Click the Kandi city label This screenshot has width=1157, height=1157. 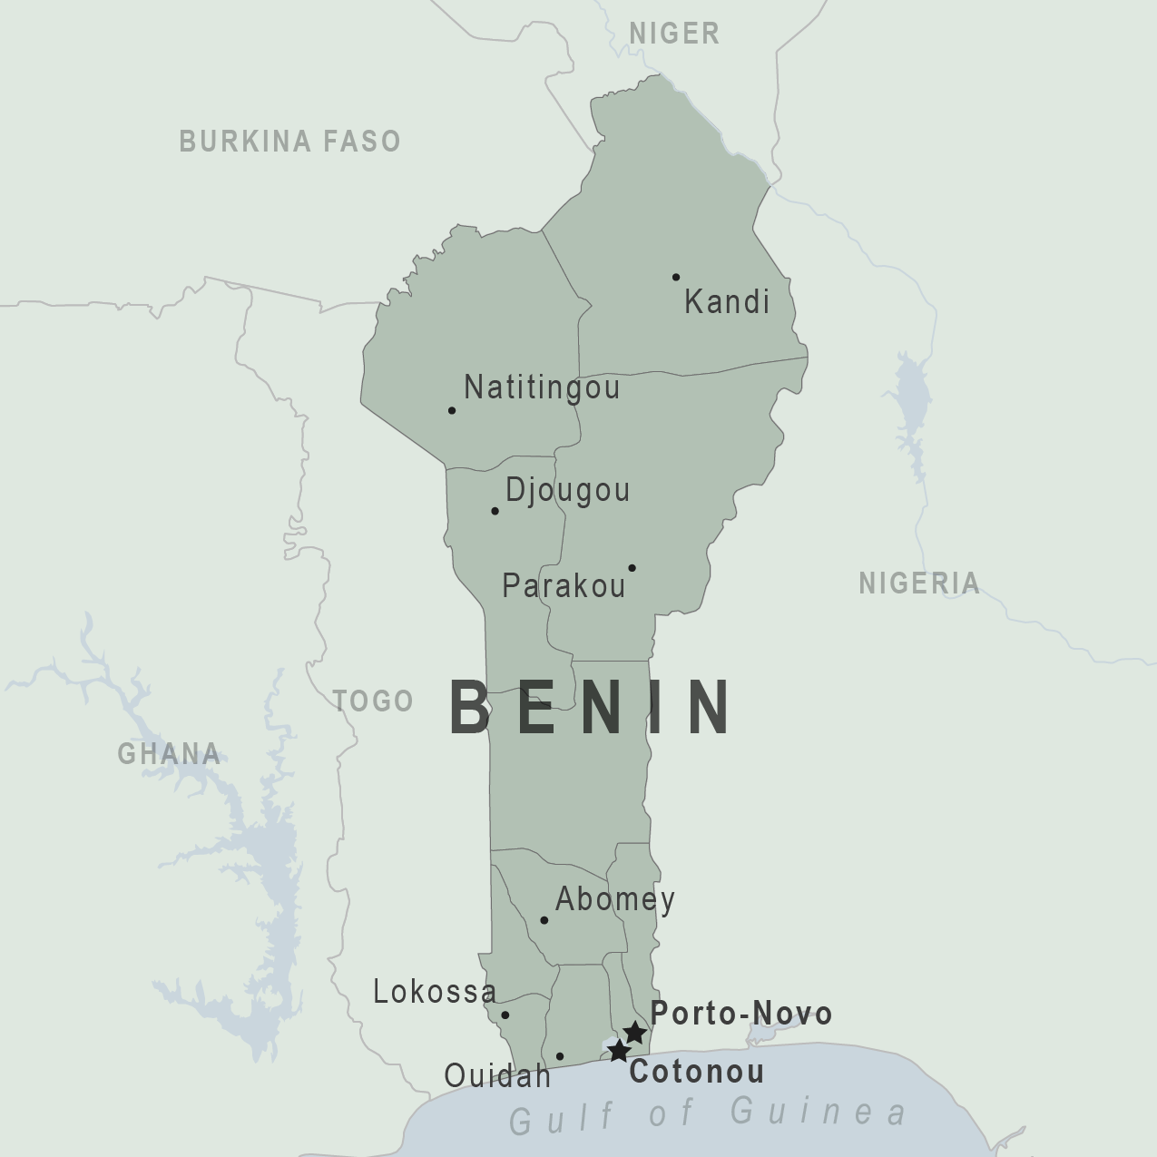(x=726, y=301)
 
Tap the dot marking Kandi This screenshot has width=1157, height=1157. (x=676, y=277)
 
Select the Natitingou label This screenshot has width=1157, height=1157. (x=542, y=387)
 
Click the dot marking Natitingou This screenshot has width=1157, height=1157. (x=452, y=410)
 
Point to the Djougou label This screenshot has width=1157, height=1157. (x=567, y=490)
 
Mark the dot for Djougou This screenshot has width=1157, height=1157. (x=495, y=511)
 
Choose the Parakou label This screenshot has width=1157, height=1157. (x=564, y=585)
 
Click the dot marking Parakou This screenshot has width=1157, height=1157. (x=632, y=568)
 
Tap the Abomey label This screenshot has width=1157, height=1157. (x=615, y=899)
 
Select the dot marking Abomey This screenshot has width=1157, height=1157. (x=544, y=920)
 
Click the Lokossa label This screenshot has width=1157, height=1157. (x=435, y=992)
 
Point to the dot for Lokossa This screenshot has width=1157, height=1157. (x=505, y=1015)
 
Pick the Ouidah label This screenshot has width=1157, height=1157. (x=497, y=1076)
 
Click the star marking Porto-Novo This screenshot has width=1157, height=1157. (x=635, y=1033)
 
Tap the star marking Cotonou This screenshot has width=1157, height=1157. (x=619, y=1052)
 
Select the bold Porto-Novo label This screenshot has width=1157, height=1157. (x=740, y=1013)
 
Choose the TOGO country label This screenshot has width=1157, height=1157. (x=373, y=701)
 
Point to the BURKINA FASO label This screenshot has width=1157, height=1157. (x=289, y=141)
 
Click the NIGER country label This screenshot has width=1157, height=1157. (x=674, y=34)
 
